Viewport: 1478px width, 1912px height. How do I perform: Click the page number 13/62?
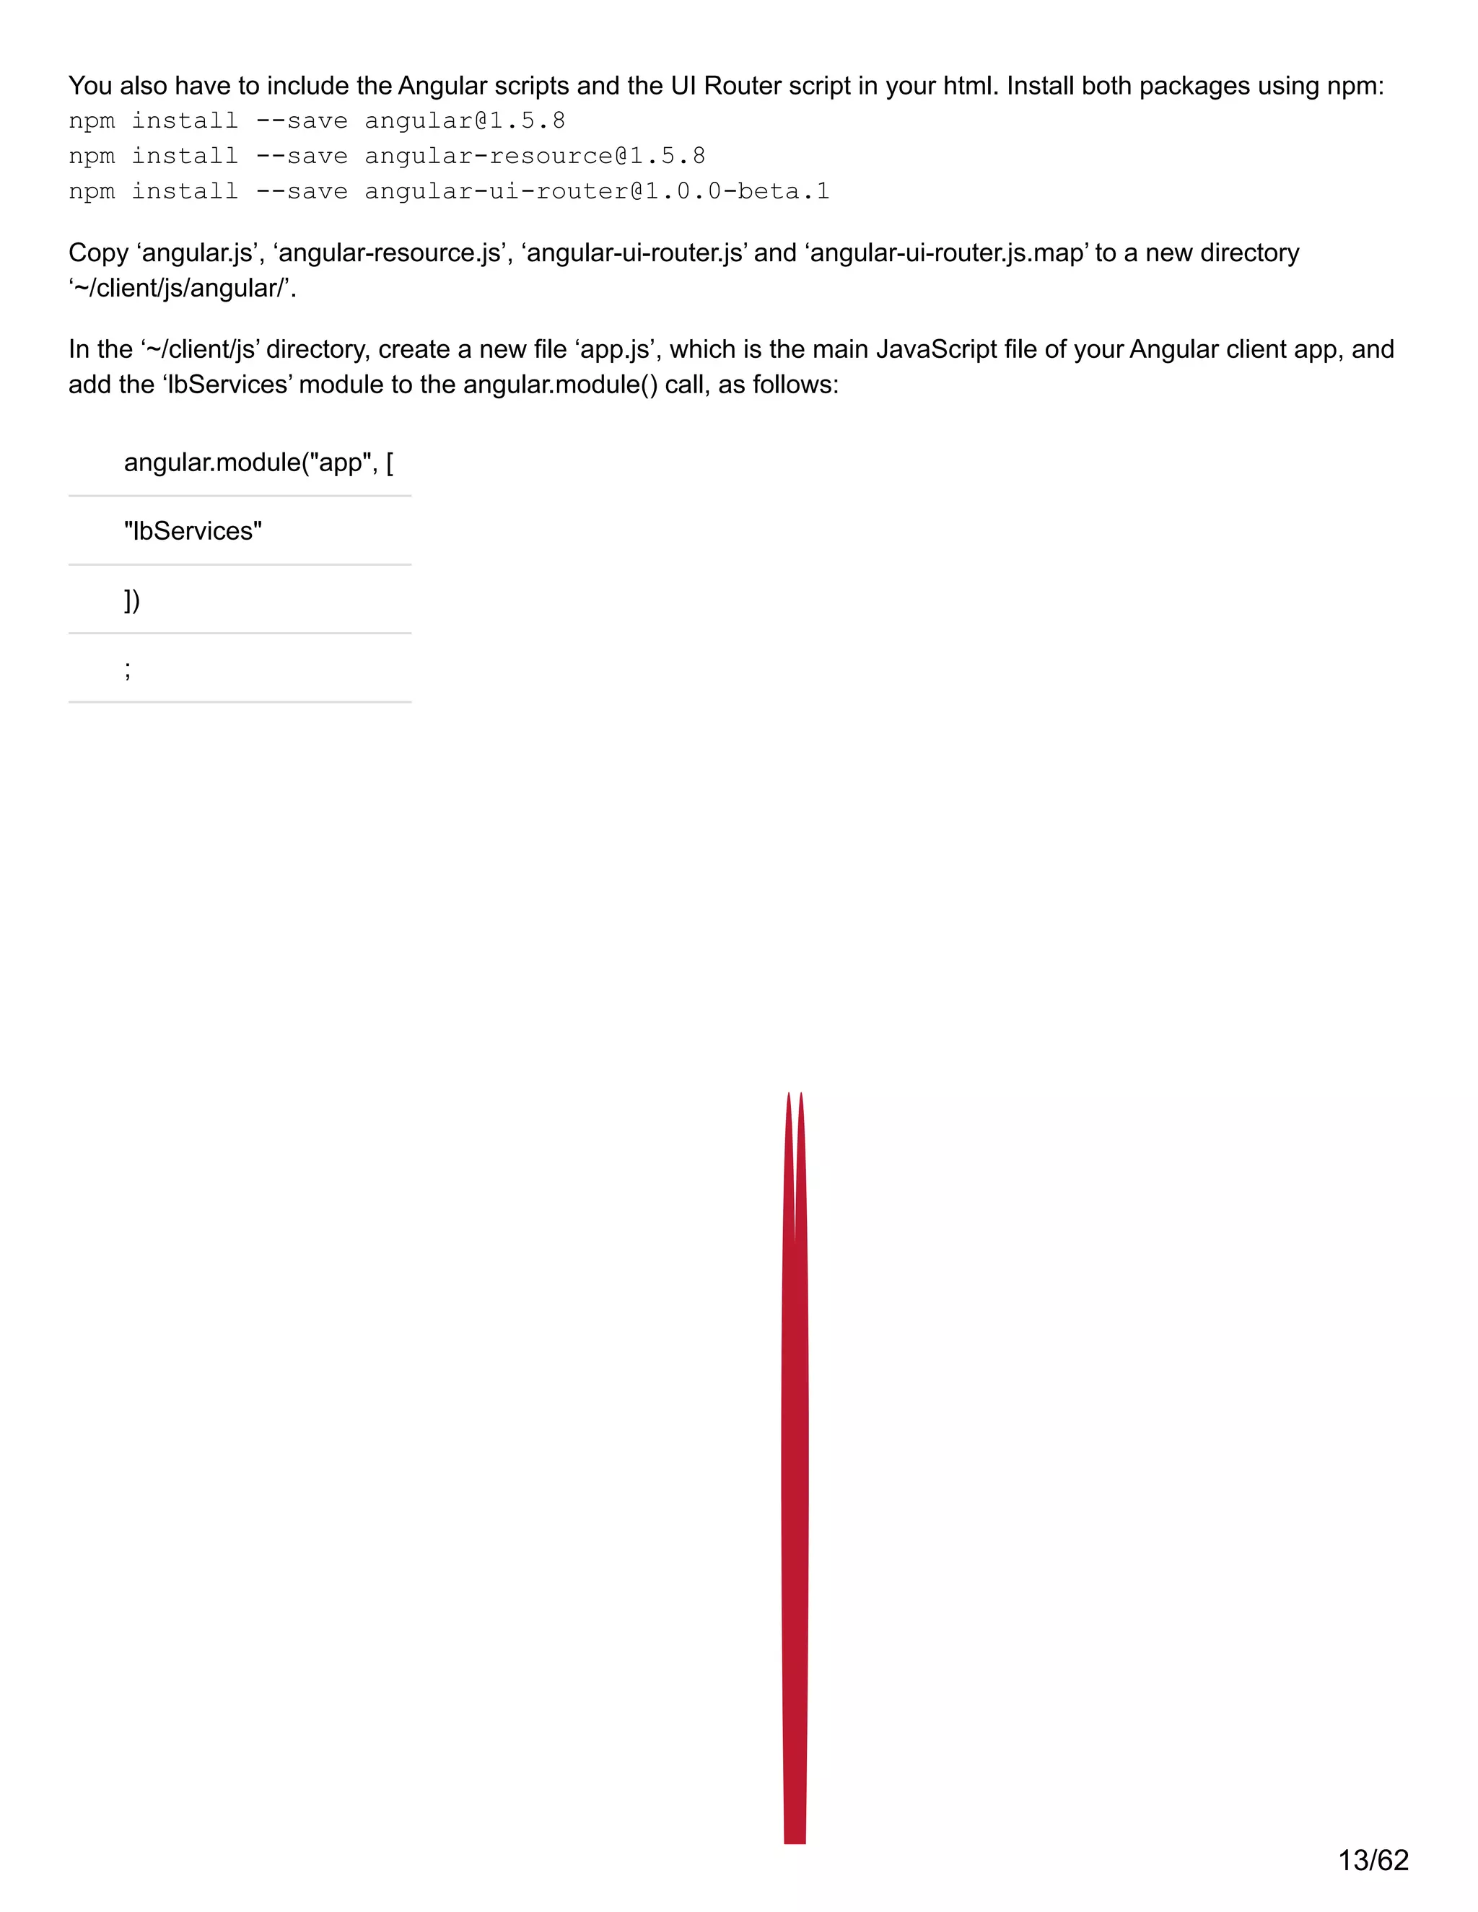pyautogui.click(x=1373, y=1860)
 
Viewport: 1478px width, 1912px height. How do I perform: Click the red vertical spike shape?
pyautogui.click(x=794, y=1488)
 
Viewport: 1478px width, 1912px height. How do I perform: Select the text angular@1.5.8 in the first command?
pyautogui.click(x=464, y=120)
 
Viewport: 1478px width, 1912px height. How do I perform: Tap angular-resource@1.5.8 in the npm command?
pyautogui.click(x=534, y=157)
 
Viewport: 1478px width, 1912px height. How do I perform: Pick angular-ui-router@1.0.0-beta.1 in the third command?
pyautogui.click(x=596, y=192)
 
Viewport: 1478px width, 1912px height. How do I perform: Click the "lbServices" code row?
pyautogui.click(x=193, y=530)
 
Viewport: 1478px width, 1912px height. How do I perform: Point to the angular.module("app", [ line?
pyautogui.click(x=258, y=462)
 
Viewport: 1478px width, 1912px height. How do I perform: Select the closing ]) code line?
pyautogui.click(x=132, y=600)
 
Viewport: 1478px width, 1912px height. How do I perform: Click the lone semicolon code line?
pyautogui.click(x=128, y=669)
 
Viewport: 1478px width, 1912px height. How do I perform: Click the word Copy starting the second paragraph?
pyautogui.click(x=98, y=253)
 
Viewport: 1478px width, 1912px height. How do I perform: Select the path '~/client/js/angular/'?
pyautogui.click(x=182, y=288)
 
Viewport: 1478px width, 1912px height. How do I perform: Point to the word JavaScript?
pyautogui.click(x=936, y=349)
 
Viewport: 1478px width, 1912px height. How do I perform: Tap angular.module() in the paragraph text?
pyautogui.click(x=560, y=385)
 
